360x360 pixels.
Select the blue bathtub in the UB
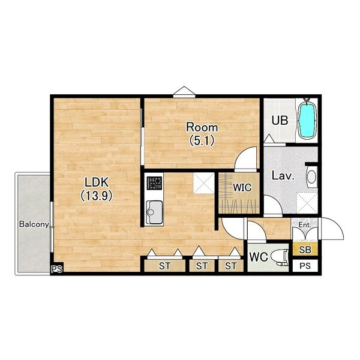click(307, 118)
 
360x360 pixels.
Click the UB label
click(280, 121)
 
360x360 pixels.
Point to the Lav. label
click(283, 175)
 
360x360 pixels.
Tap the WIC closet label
click(242, 188)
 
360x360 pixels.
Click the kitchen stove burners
click(154, 183)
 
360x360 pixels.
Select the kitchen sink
click(154, 212)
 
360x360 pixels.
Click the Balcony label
click(34, 224)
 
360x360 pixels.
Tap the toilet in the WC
click(280, 257)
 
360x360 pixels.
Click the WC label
click(259, 257)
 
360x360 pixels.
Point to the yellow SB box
click(305, 250)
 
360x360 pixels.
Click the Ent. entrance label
click(305, 225)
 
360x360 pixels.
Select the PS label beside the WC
click(305, 266)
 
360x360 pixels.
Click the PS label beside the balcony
click(57, 269)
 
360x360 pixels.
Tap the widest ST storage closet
click(165, 266)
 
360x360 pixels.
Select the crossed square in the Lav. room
click(307, 203)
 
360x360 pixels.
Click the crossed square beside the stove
click(203, 184)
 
